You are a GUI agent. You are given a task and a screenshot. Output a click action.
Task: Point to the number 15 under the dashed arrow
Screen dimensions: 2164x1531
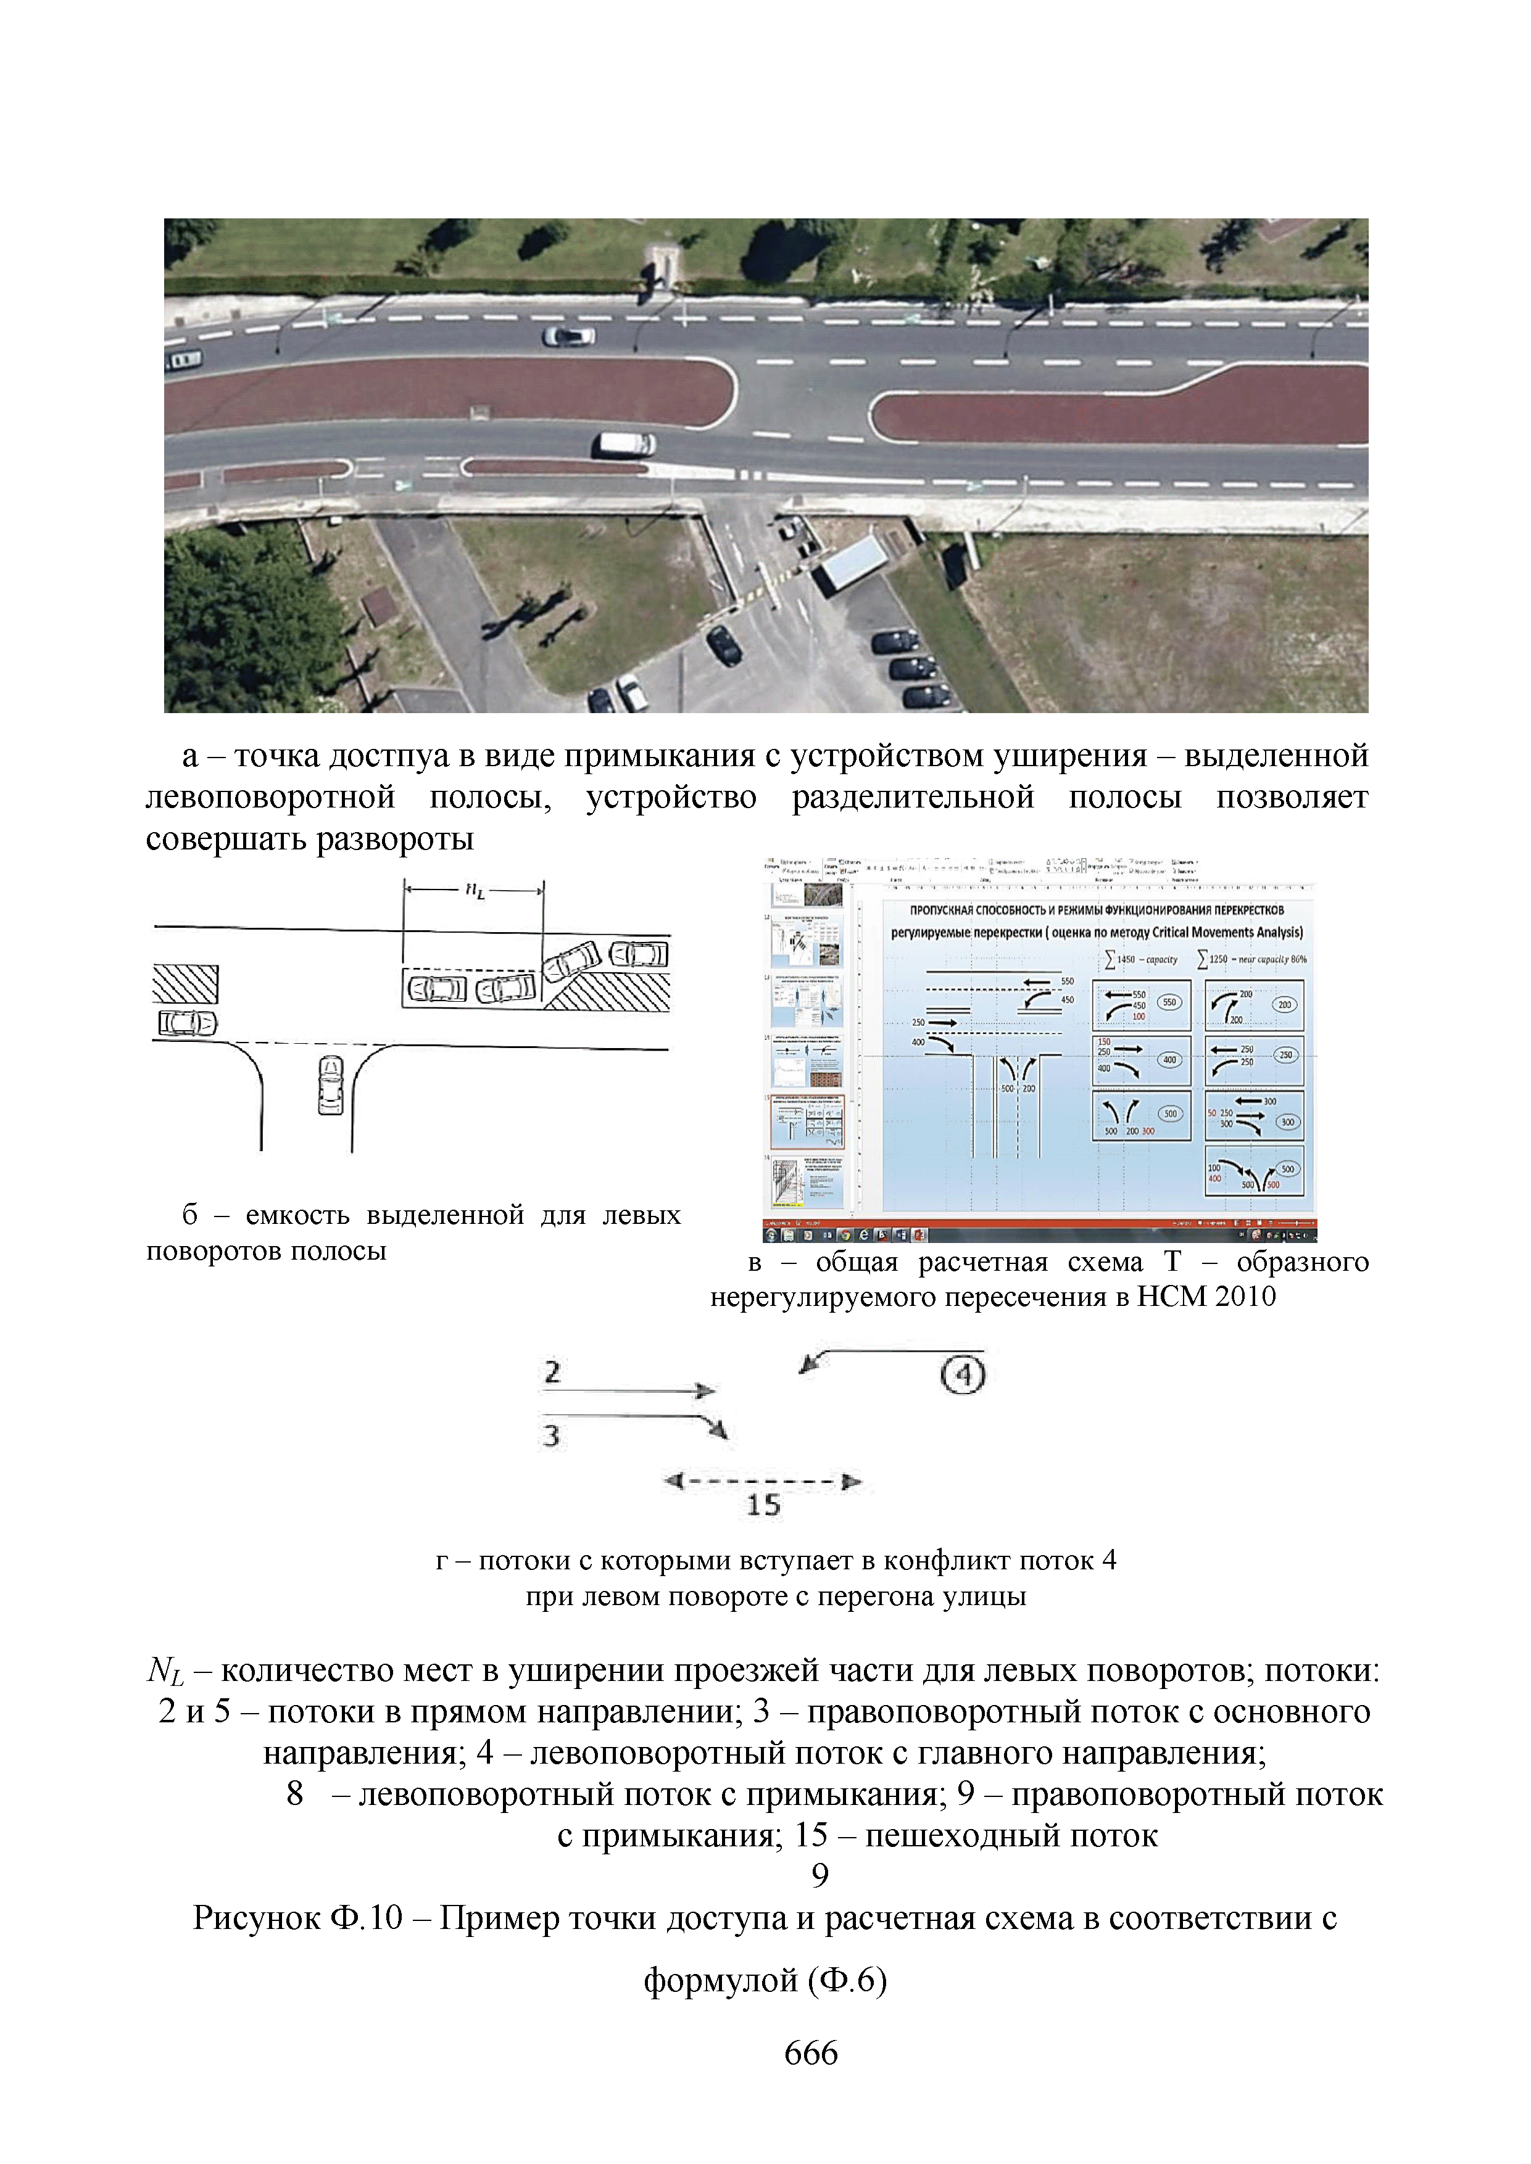(763, 1505)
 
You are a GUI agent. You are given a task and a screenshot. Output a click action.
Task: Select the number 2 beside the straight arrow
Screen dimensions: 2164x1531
(552, 1373)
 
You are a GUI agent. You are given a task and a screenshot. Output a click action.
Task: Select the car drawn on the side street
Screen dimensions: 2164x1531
(330, 1085)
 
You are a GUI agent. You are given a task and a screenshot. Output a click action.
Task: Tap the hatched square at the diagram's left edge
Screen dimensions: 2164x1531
(186, 984)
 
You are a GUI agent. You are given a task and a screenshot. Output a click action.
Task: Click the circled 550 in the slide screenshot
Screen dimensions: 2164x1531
(1169, 1003)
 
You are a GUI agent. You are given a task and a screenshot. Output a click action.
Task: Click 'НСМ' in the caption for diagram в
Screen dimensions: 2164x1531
(1171, 1297)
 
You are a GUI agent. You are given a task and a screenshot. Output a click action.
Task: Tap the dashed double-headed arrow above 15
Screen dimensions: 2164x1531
(763, 1482)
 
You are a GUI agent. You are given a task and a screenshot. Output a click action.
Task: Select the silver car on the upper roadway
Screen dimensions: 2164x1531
(568, 336)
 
